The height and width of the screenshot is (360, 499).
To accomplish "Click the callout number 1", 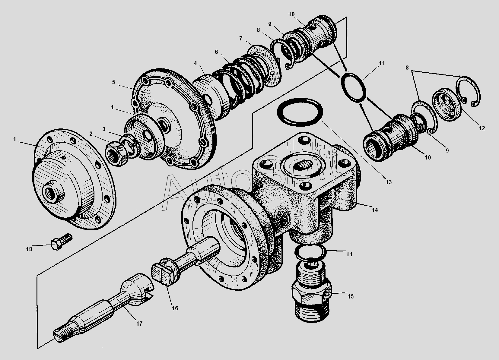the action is tap(15, 139).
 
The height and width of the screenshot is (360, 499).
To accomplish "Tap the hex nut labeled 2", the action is tap(116, 153).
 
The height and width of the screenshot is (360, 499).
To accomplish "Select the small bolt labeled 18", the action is tap(62, 242).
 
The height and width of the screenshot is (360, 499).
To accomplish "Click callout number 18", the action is tap(29, 249).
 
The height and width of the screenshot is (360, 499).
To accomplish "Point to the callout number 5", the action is tap(113, 82).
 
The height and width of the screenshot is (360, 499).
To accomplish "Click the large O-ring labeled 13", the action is tap(300, 112).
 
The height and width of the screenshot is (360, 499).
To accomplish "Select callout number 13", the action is tap(389, 182).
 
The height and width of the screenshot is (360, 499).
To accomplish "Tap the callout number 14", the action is tap(375, 210).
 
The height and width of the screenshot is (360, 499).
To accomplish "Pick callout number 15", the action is tap(350, 296).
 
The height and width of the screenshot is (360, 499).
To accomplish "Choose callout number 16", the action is tap(175, 308).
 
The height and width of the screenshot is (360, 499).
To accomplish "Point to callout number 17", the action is tap(139, 324).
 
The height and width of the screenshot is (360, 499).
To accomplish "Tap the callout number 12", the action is tap(482, 128).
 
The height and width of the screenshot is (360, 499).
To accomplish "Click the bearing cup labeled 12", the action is tap(447, 104).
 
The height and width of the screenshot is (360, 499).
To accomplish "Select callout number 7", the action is tap(240, 39).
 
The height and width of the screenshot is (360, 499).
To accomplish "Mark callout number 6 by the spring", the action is tap(216, 52).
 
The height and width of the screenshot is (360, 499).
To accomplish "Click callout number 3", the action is tap(104, 129).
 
